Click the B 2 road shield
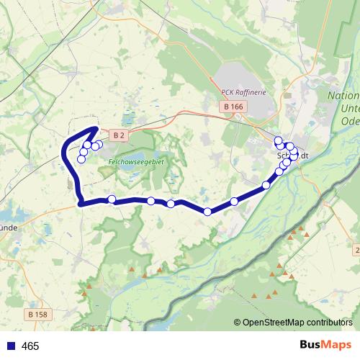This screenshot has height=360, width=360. tap(120, 135)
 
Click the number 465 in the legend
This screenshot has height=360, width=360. tap(30, 346)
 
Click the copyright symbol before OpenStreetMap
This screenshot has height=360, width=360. tap(238, 323)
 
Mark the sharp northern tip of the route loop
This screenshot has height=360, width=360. tap(96, 128)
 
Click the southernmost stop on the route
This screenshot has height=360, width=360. tap(207, 212)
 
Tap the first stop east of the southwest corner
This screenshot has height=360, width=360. tap(112, 199)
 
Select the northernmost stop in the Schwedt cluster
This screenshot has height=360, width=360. tap(278, 140)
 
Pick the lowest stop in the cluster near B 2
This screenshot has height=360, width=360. tap(81, 158)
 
